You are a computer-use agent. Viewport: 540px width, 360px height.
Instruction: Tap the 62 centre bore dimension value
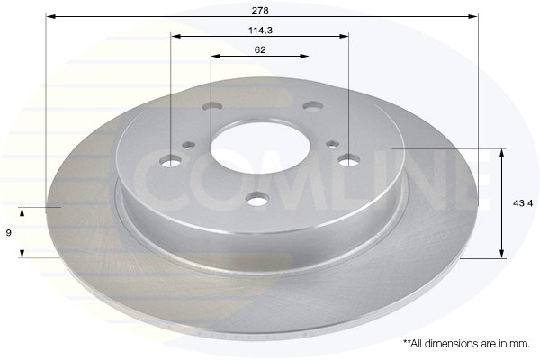[x=260, y=49]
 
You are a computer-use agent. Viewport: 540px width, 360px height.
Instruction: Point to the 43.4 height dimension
[x=522, y=203]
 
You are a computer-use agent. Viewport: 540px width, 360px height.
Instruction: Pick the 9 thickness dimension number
[x=9, y=232]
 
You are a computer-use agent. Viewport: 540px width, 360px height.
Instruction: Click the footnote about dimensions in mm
[x=465, y=344]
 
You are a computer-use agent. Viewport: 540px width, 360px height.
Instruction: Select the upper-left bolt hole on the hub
[x=211, y=106]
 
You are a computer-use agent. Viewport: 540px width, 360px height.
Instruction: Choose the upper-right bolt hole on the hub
[x=312, y=106]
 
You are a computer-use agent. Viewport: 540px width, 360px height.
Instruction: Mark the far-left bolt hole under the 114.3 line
[x=171, y=162]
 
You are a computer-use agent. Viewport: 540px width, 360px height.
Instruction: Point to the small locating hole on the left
[x=188, y=142]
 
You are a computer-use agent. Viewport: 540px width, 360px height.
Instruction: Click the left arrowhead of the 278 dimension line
[x=49, y=16]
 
